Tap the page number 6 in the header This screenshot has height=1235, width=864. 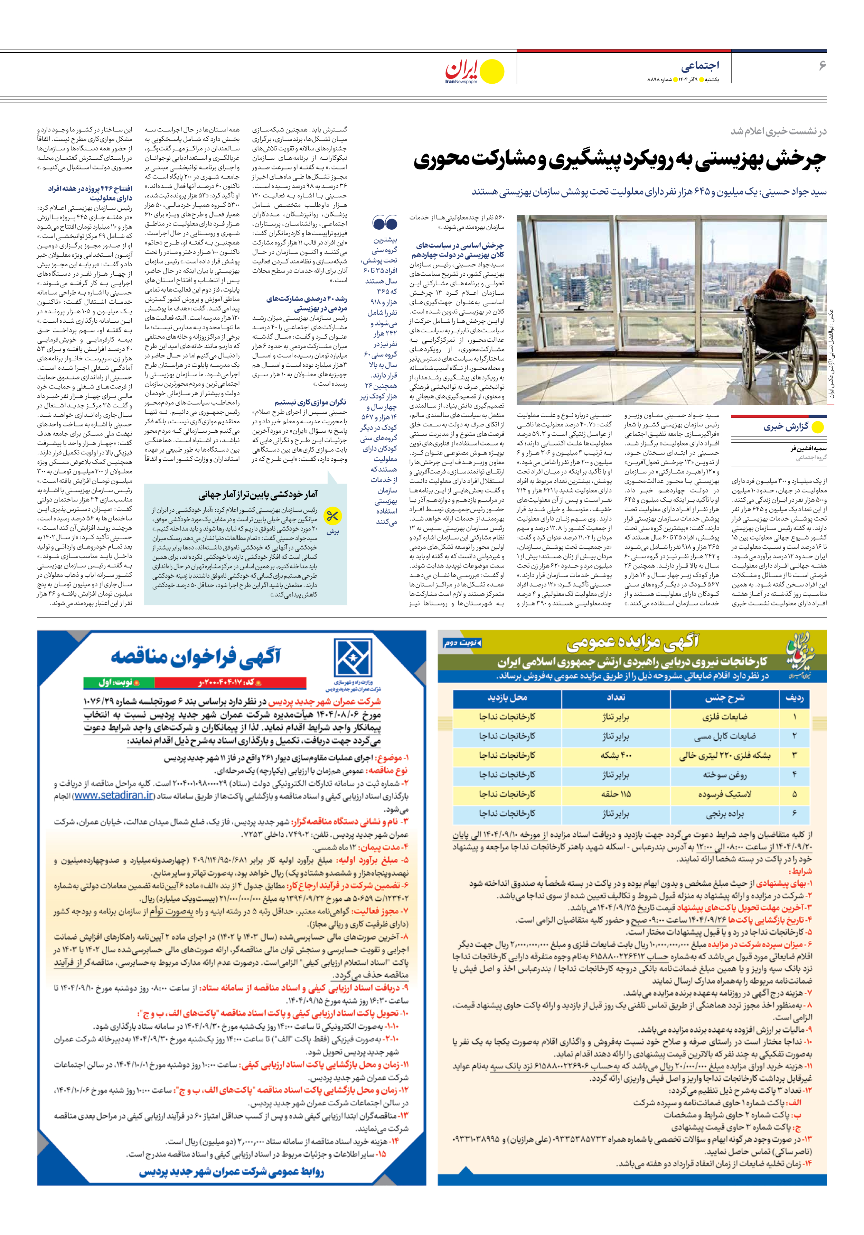point(821,66)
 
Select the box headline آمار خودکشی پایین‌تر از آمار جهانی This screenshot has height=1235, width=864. point(258,494)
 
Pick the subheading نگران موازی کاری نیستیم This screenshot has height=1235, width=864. point(310,402)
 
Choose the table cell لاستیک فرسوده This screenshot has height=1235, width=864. point(724,794)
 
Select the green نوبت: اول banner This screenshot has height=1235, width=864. point(119,682)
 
